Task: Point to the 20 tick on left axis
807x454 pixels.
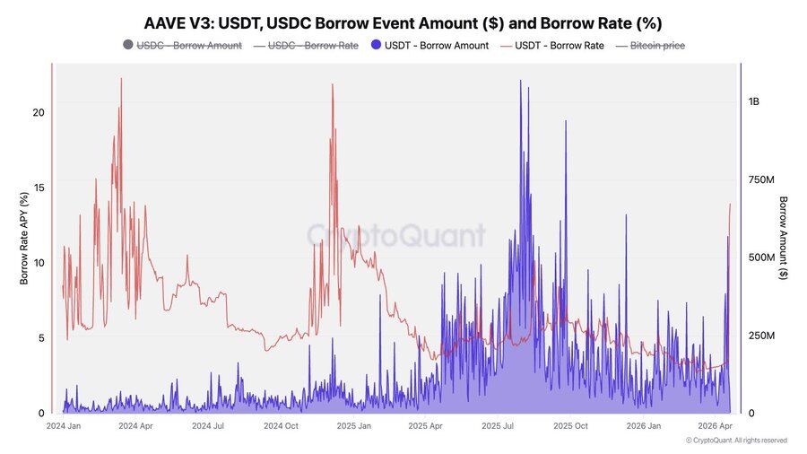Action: [39, 112]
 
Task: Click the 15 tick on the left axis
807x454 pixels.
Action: [39, 188]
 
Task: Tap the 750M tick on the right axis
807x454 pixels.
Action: [762, 180]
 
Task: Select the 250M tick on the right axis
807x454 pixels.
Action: [762, 336]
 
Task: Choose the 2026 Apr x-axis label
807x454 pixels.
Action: [716, 426]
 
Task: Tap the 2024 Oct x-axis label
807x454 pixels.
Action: [280, 426]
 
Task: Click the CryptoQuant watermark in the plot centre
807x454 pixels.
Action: [396, 235]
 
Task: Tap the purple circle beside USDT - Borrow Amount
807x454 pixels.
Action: [376, 45]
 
